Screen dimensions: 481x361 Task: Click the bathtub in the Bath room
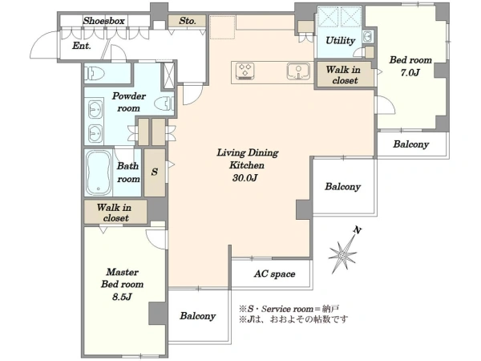pyautogui.click(x=99, y=172)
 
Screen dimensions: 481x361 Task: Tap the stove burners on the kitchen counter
pyautogui.click(x=245, y=71)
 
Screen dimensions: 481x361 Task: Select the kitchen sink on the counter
pyautogui.click(x=298, y=71)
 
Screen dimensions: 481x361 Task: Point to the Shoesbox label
pyautogui.click(x=103, y=21)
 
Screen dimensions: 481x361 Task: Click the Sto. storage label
pyautogui.click(x=187, y=21)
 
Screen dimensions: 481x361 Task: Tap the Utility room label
pyautogui.click(x=340, y=41)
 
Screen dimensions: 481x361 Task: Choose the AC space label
pyautogui.click(x=274, y=274)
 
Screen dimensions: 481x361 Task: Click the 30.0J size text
pyautogui.click(x=245, y=178)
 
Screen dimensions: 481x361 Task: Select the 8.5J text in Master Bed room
pyautogui.click(x=122, y=297)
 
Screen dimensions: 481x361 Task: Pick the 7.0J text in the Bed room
pyautogui.click(x=410, y=72)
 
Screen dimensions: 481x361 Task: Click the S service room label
pyautogui.click(x=154, y=172)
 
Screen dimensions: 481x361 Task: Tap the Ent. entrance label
pyautogui.click(x=82, y=46)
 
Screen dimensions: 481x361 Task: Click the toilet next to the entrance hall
pyautogui.click(x=95, y=74)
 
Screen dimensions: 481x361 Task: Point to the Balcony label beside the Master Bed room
pyautogui.click(x=197, y=316)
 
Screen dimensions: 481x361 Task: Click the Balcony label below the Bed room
pyautogui.click(x=410, y=144)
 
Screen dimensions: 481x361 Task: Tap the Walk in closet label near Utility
pyautogui.click(x=344, y=75)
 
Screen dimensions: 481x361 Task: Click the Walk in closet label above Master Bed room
pyautogui.click(x=115, y=213)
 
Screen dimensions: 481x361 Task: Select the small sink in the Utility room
pyautogui.click(x=367, y=37)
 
